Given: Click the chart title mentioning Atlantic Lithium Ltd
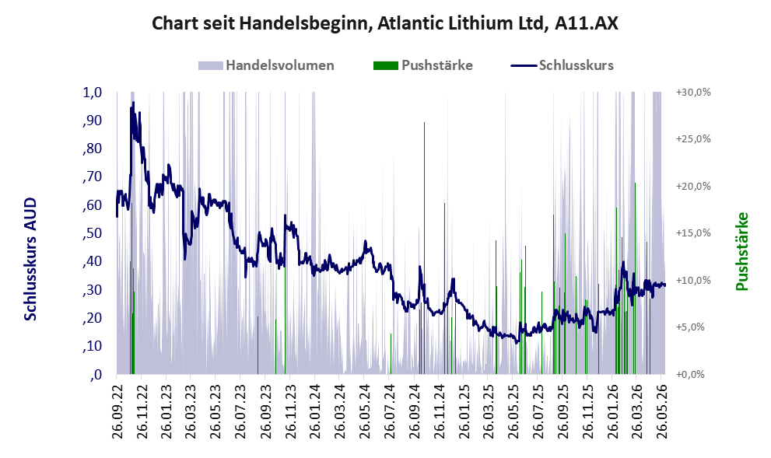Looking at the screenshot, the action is (385, 23).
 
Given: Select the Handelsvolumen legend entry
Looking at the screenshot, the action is (266, 65).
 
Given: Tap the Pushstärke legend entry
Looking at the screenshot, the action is (423, 65).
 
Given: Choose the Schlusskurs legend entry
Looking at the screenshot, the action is (562, 65).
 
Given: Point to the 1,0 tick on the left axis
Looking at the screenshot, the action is (93, 93).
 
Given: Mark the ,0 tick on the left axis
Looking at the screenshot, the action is (96, 375).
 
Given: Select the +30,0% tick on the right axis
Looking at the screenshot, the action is (693, 93).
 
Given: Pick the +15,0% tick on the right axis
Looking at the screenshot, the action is (693, 233).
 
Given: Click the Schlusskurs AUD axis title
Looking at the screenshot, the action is (30, 259).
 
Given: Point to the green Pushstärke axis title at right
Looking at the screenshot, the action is (741, 251).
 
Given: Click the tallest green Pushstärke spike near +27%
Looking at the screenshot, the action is (424, 248).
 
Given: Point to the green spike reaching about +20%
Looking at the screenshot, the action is (635, 278).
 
